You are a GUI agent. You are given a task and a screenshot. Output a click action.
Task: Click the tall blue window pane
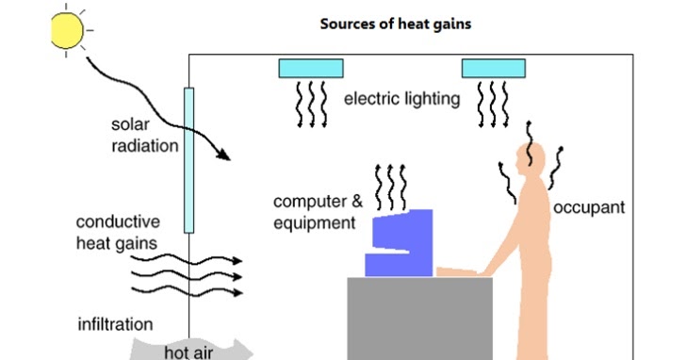click(188, 160)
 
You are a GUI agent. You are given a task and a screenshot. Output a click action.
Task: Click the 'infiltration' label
click(113, 325)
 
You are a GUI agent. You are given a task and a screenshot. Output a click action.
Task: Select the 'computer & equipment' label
click(316, 212)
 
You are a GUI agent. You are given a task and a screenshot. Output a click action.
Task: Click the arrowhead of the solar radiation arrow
click(223, 155)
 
